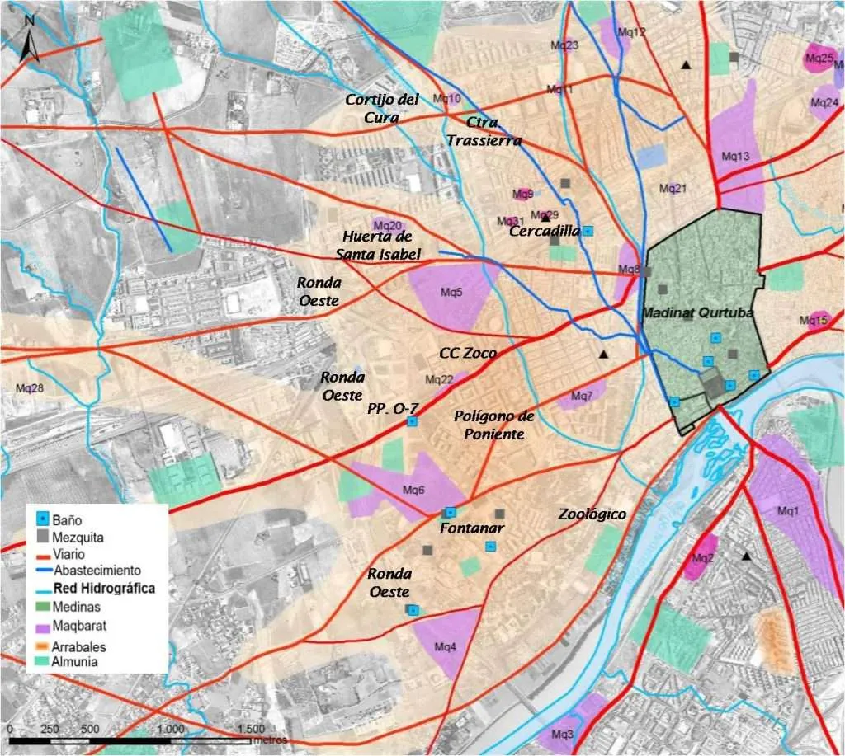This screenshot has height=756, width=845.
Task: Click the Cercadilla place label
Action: [545, 232]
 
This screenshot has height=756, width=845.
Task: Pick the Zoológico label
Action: [592, 514]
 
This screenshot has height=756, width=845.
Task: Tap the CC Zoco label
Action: [468, 353]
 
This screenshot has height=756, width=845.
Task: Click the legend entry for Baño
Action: [66, 520]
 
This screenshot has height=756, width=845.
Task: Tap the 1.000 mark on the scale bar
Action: [170, 730]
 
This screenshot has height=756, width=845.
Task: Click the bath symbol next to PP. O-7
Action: [412, 422]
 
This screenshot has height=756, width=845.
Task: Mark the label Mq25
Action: [819, 59]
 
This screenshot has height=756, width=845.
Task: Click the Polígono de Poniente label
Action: [493, 425]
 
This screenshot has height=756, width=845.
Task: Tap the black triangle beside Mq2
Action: [747, 557]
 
